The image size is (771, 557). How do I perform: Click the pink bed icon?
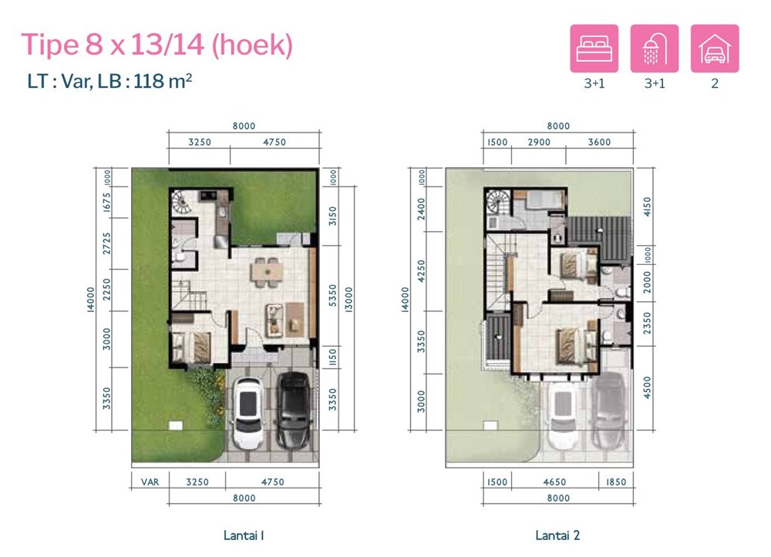(594, 49)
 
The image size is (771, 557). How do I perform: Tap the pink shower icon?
(655, 49)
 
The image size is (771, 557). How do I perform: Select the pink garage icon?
(715, 49)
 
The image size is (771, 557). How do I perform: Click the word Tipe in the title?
(49, 45)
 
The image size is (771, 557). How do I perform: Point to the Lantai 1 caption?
(244, 535)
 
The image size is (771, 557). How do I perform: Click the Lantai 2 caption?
(557, 535)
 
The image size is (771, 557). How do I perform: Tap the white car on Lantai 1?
(249, 413)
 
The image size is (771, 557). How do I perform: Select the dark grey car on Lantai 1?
(293, 410)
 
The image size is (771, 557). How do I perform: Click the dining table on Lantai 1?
(267, 272)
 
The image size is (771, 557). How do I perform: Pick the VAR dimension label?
(150, 482)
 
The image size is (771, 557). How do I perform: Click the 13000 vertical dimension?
(348, 300)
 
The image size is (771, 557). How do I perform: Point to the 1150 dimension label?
(333, 357)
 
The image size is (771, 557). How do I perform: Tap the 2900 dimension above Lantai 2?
(539, 142)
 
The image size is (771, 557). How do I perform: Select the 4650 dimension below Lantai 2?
(554, 482)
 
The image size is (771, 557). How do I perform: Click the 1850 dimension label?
(615, 482)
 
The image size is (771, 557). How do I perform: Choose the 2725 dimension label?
(106, 243)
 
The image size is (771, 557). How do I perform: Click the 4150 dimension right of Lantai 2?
(647, 206)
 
